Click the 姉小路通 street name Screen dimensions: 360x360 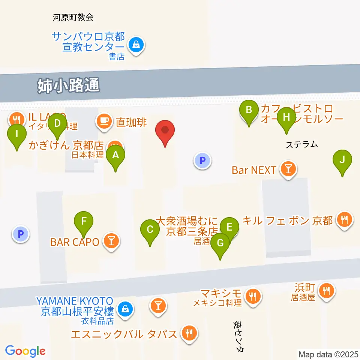69,86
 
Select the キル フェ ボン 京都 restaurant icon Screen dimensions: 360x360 344,219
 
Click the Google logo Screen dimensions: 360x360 25,351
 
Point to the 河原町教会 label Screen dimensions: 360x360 73,17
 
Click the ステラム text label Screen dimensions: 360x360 301,144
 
